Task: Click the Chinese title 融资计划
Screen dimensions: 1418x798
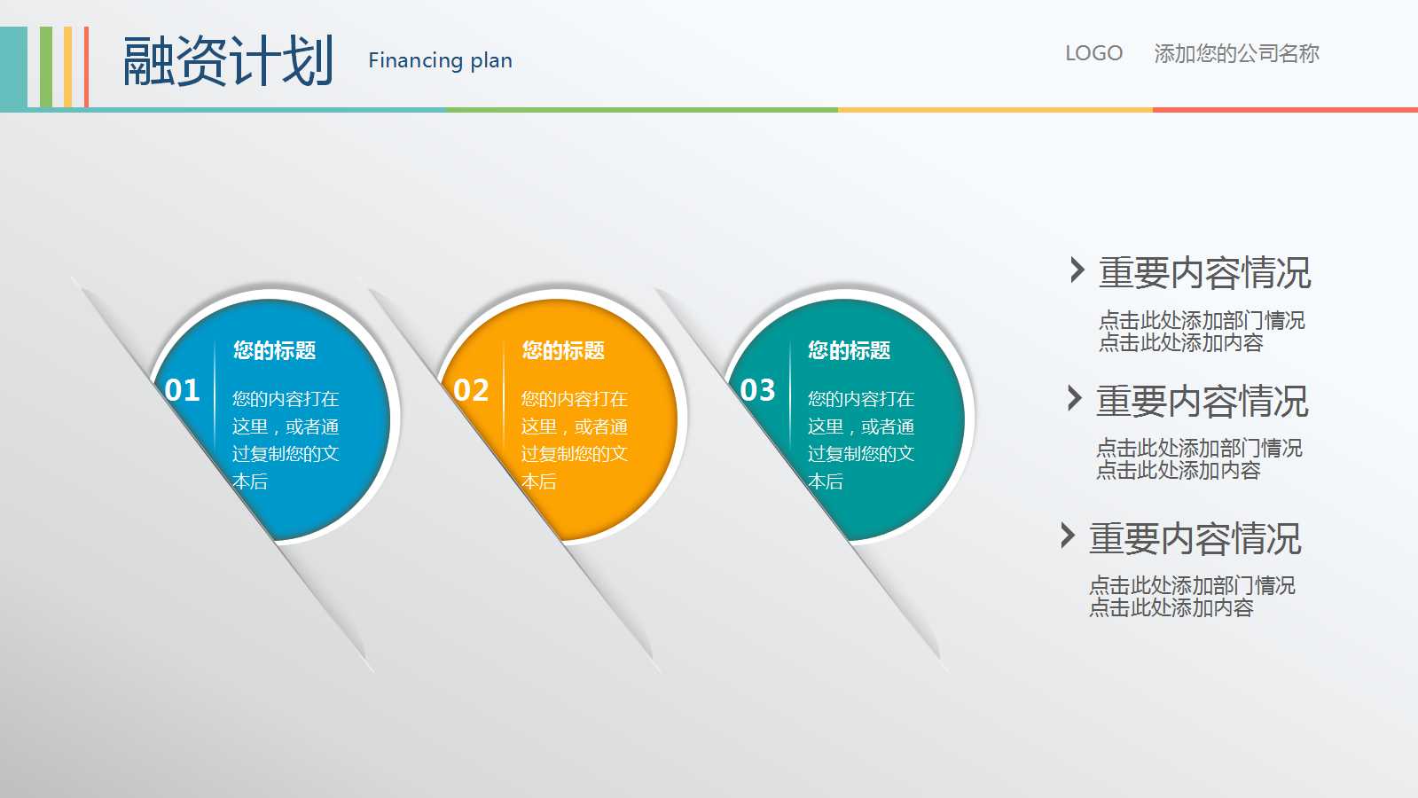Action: [228, 61]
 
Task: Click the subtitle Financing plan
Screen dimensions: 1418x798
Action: [440, 61]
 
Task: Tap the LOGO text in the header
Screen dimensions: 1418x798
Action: [1094, 53]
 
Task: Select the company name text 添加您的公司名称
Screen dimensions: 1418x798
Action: [1236, 53]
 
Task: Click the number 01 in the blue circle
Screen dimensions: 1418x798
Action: [183, 390]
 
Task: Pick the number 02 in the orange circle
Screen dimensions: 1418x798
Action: [471, 390]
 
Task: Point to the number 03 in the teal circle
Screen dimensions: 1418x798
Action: [757, 390]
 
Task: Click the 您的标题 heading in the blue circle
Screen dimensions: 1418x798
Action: [274, 350]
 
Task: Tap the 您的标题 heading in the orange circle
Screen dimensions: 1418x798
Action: [563, 350]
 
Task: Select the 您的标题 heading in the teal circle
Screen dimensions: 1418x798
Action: [849, 350]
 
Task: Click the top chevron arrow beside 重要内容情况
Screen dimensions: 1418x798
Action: [1077, 270]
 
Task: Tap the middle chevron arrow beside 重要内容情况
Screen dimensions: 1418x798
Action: [1074, 398]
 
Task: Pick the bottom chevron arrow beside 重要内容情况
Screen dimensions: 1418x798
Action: [1068, 536]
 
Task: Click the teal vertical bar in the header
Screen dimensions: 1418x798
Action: [13, 67]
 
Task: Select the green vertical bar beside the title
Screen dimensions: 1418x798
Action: [46, 67]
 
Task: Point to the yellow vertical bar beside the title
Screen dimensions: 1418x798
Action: [67, 67]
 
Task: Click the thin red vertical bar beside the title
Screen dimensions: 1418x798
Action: [86, 67]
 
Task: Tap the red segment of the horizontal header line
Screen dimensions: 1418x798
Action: [1285, 110]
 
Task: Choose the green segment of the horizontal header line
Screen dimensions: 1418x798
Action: [642, 110]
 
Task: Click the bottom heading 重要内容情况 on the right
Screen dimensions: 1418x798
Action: [1195, 538]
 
